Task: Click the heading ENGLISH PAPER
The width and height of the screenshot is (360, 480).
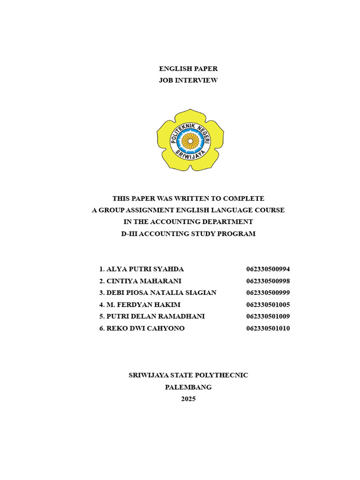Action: [x=188, y=69]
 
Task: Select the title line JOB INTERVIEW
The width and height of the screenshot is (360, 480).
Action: [x=188, y=81]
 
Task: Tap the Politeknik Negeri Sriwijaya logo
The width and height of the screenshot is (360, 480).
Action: [x=190, y=140]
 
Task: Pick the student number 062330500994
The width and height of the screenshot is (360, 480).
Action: [x=268, y=269]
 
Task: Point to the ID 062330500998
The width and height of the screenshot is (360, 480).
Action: [x=268, y=281]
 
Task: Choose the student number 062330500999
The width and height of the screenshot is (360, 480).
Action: [x=268, y=292]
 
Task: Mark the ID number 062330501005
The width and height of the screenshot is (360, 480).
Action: [x=268, y=305]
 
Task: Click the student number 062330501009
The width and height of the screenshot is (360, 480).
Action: [x=268, y=316]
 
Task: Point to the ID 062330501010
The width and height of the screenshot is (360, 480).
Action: [x=268, y=328]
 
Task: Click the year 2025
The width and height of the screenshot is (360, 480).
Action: [x=188, y=399]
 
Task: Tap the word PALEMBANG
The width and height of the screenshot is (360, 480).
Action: [x=188, y=387]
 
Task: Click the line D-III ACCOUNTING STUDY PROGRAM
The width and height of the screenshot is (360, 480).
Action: [x=188, y=233]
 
